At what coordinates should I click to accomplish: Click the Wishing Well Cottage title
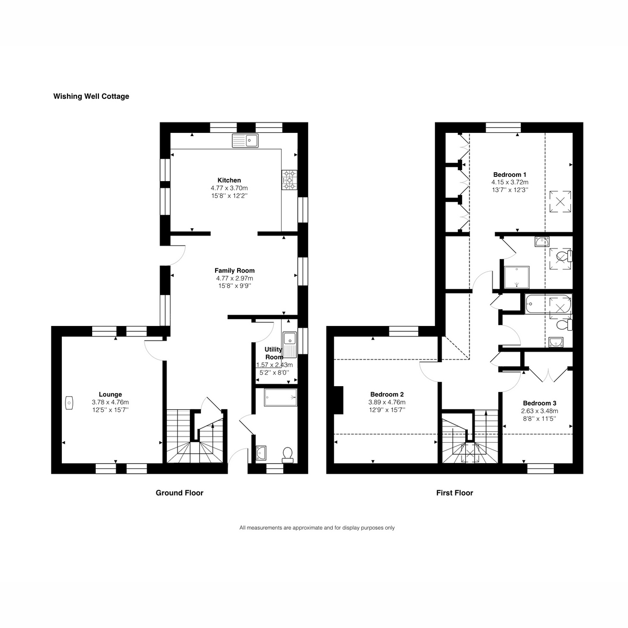click(x=91, y=96)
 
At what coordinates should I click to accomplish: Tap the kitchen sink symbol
click(x=245, y=140)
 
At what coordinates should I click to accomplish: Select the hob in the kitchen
click(x=289, y=180)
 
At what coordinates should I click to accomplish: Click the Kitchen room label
click(x=229, y=180)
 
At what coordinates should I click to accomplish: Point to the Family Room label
click(x=234, y=271)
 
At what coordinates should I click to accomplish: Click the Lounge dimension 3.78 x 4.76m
click(x=110, y=402)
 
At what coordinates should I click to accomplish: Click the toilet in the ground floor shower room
click(x=287, y=454)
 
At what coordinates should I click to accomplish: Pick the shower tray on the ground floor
click(x=281, y=397)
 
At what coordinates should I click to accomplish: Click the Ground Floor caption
click(x=180, y=493)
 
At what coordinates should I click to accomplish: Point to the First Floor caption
click(x=454, y=493)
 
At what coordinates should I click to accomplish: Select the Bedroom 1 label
click(x=510, y=174)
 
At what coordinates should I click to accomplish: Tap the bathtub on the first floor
click(x=547, y=304)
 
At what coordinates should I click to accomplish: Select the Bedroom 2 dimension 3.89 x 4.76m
click(x=387, y=402)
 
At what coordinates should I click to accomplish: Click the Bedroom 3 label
click(x=539, y=403)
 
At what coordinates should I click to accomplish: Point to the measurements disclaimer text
click(x=317, y=528)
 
